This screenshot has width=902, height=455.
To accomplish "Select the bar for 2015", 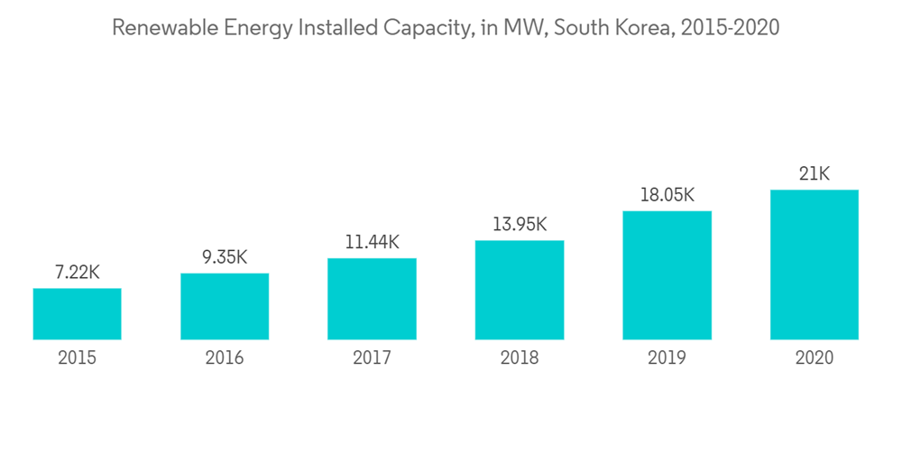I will (77, 314).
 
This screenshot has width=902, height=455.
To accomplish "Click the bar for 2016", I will (225, 306).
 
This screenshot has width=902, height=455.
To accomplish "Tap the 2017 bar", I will (372, 299).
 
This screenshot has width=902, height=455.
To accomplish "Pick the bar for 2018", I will (520, 290).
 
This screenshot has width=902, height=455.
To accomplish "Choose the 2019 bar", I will (667, 275).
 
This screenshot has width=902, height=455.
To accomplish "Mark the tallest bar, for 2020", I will (815, 265).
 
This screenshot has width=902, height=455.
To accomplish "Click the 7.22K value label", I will (77, 272).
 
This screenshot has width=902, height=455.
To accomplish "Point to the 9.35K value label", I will (225, 256).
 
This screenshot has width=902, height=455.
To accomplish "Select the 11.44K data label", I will (372, 242).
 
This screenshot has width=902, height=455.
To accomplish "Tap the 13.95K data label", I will (520, 224).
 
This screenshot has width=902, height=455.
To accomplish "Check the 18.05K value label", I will (667, 195).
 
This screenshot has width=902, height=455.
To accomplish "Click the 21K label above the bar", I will (815, 174).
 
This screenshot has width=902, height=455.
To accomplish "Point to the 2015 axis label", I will (77, 358).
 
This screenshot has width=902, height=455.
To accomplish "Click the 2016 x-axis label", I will (225, 358).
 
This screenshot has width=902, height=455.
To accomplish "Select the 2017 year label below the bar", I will (372, 358).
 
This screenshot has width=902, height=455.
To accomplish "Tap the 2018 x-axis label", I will (520, 358).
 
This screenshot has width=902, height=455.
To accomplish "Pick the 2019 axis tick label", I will (667, 358).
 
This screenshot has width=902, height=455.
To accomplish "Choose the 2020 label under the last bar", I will (815, 358).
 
